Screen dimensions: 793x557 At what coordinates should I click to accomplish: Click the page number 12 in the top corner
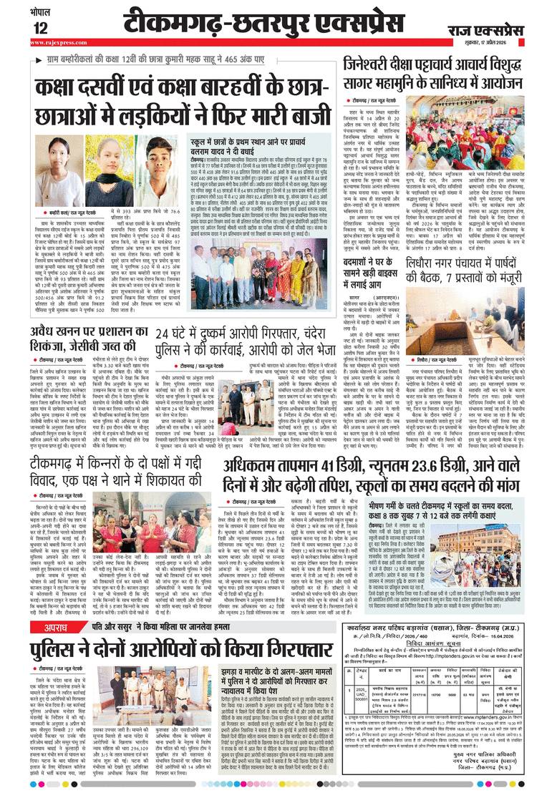[19, 28]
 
